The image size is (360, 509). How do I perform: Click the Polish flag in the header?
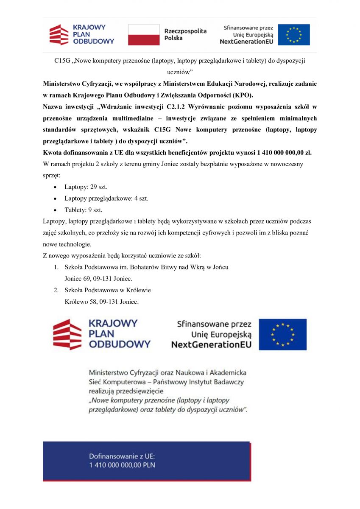point(144,34)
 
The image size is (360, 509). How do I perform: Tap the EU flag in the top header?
point(294,34)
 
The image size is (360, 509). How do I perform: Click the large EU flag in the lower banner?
point(282,334)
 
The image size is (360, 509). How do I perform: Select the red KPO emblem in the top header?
point(59,35)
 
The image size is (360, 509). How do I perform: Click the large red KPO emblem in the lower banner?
point(67,335)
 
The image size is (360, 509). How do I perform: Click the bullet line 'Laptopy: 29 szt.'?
point(83,187)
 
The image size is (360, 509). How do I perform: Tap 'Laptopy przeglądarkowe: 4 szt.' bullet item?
point(106,198)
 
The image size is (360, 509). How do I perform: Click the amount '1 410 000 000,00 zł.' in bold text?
point(284,153)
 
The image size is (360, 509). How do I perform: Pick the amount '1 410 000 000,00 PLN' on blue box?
point(122,465)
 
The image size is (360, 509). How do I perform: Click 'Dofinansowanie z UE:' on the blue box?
point(122,456)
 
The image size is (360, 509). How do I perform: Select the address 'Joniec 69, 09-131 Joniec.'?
point(98,279)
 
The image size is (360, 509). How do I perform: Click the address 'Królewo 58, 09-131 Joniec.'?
point(102,302)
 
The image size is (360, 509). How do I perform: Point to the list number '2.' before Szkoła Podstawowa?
point(56,291)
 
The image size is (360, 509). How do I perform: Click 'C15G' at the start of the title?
point(62,61)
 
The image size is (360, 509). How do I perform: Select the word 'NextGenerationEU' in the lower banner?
point(211,345)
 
